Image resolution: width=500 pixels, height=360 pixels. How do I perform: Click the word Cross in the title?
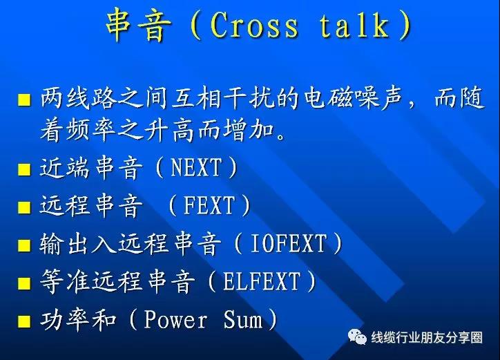(x=254, y=26)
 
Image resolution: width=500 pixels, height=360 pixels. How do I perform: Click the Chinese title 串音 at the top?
(x=138, y=25)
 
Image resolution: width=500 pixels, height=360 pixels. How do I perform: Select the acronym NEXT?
(x=196, y=167)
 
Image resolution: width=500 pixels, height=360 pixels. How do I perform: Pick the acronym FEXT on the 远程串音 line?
(x=209, y=205)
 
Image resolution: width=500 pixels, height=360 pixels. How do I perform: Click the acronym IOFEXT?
(x=289, y=243)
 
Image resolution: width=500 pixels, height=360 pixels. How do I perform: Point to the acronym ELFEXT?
(x=262, y=281)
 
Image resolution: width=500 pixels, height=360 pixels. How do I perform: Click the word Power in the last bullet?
(x=175, y=319)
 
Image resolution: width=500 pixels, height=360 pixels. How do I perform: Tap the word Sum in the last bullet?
(x=243, y=319)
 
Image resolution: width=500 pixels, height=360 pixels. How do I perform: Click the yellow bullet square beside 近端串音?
(x=24, y=169)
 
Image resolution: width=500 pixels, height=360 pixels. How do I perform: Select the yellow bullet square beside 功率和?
(x=24, y=321)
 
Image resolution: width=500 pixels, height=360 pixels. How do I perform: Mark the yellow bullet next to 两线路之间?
(x=24, y=100)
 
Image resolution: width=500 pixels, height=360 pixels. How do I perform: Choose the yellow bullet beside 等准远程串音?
(x=24, y=283)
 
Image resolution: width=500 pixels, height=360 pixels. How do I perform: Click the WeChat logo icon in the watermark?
(x=357, y=337)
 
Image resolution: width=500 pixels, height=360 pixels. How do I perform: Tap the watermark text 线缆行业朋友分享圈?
(x=427, y=337)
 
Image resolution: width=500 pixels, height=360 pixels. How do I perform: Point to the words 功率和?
(x=78, y=319)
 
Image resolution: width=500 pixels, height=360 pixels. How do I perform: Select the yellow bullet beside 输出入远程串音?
(x=24, y=245)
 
